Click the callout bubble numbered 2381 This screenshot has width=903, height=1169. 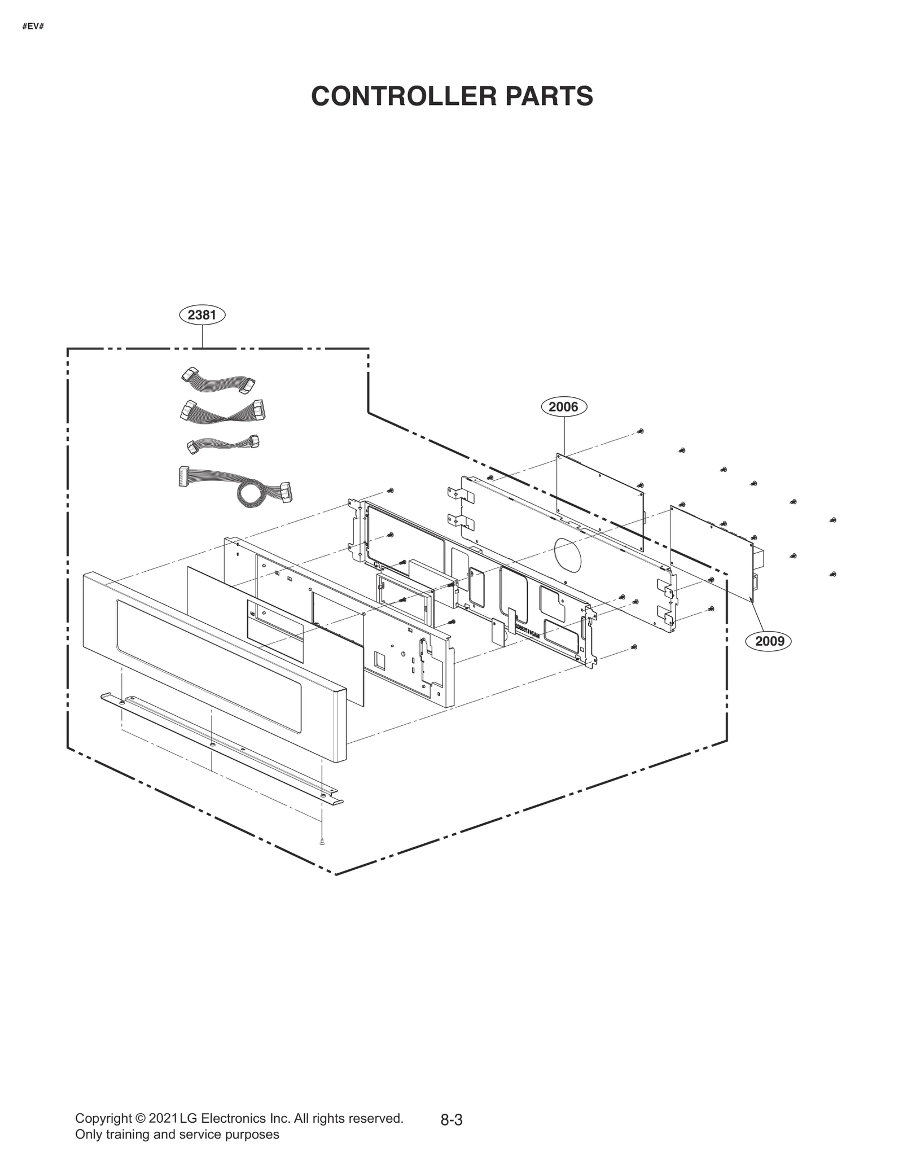tap(202, 314)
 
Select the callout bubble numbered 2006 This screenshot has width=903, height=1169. tap(564, 406)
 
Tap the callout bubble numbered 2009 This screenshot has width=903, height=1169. tap(770, 641)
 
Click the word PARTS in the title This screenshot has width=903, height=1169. tap(549, 96)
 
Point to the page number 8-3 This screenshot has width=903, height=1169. tap(451, 1120)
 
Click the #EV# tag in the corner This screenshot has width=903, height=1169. tap(33, 27)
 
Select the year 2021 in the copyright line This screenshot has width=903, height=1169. tap(163, 1118)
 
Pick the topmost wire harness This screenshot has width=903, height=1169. tap(218, 382)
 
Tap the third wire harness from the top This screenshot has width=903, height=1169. tap(223, 444)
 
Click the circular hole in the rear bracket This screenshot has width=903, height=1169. tap(567, 553)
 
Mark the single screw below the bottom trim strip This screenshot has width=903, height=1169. tap(322, 857)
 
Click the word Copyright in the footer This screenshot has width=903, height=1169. tap(102, 1118)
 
